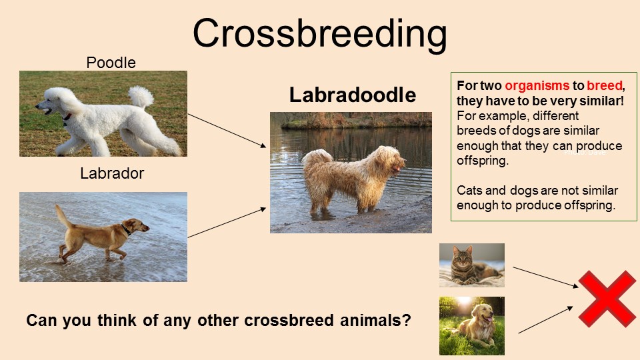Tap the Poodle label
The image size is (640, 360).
pyautogui.click(x=111, y=63)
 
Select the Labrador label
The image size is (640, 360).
pyautogui.click(x=112, y=173)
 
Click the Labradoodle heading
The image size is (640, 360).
pyautogui.click(x=353, y=95)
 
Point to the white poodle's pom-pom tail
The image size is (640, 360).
pyautogui.click(x=141, y=96)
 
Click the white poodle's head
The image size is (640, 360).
pyautogui.click(x=55, y=101)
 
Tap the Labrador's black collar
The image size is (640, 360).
pyautogui.click(x=125, y=229)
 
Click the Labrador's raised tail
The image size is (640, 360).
pyautogui.click(x=63, y=215)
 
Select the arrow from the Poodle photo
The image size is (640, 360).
pyautogui.click(x=227, y=130)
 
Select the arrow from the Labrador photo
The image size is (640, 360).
pyautogui.click(x=227, y=223)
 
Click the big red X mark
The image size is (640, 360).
pyautogui.click(x=607, y=299)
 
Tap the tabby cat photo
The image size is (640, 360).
pyautogui.click(x=472, y=265)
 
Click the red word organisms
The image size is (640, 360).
pyautogui.click(x=537, y=85)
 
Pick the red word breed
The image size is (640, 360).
pyautogui.click(x=605, y=85)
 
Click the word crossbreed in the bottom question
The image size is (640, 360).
pyautogui.click(x=289, y=321)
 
